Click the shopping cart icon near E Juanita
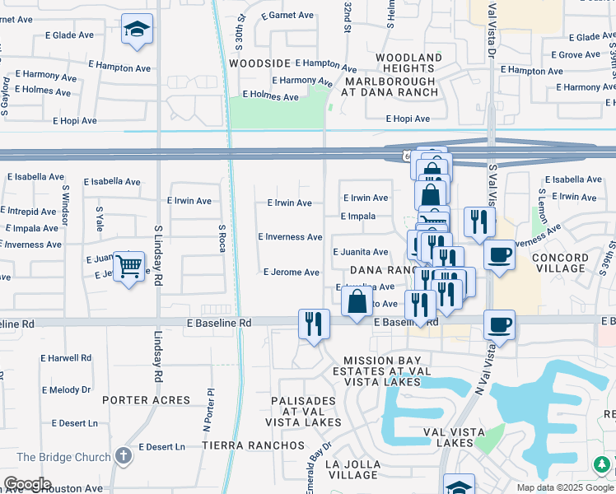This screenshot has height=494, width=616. (x=129, y=267)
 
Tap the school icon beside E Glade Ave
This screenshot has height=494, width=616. (x=136, y=30)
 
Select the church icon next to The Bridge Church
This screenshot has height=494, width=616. (x=124, y=455)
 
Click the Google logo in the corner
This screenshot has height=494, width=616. (x=27, y=484)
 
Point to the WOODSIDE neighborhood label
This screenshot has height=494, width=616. (x=260, y=63)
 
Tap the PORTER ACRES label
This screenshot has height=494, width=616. (x=146, y=400)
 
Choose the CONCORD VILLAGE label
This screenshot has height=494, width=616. (x=559, y=263)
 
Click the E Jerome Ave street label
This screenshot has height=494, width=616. (x=291, y=273)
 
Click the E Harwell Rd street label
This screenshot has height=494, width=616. (x=66, y=358)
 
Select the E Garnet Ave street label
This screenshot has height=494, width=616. (x=287, y=16)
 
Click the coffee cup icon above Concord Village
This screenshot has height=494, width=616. (x=498, y=256)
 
